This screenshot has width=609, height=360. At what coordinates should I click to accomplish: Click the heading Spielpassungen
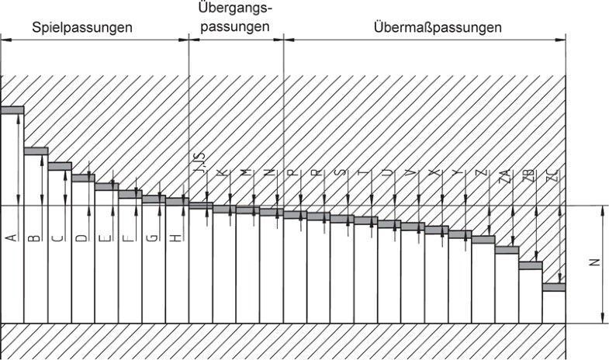coord(81,27)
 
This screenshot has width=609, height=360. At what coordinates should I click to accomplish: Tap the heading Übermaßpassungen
coord(437,27)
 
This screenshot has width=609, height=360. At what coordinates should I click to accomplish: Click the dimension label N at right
coord(593,262)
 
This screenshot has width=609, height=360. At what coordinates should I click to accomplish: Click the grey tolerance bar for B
coord(36,151)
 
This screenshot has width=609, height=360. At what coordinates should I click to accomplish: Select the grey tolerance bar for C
coord(60,166)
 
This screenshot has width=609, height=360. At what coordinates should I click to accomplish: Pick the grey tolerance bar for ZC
coord(554,287)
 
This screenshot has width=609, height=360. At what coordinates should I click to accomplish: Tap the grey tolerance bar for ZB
coord(530,265)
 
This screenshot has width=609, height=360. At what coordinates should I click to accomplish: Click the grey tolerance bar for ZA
coord(507,250)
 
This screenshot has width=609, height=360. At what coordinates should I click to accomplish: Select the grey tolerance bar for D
coord(83,178)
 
